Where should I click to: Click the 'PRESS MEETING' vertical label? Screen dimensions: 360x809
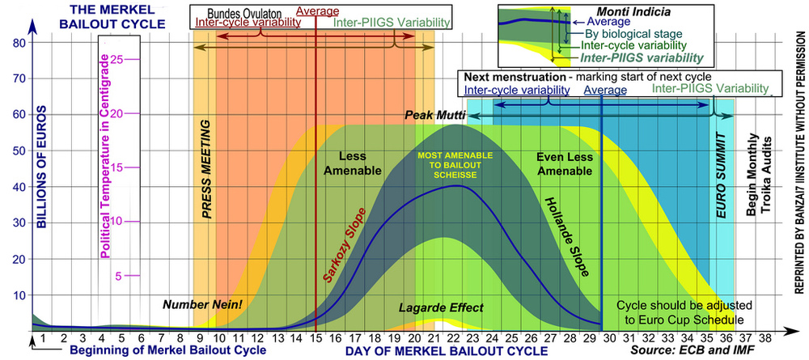click(206, 170)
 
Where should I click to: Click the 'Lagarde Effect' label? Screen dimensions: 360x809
click(441, 308)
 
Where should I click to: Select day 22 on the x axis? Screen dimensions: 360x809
click(456, 338)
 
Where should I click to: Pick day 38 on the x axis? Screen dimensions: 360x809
click(765, 338)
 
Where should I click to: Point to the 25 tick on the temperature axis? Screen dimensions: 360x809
click(118, 59)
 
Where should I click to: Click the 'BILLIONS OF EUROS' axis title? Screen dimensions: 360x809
click(42, 166)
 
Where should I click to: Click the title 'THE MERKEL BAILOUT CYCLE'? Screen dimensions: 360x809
click(108, 17)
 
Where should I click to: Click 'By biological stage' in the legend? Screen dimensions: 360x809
click(633, 35)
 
